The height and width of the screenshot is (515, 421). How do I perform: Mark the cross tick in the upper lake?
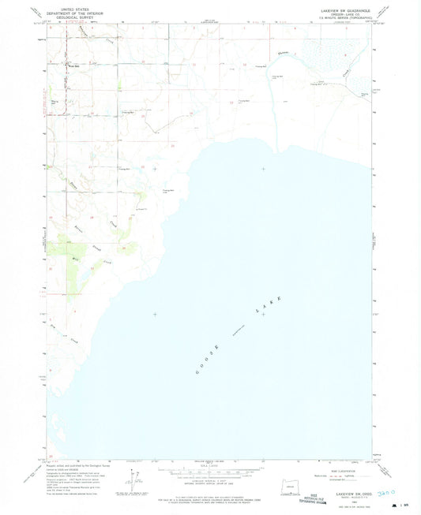pos(263,169)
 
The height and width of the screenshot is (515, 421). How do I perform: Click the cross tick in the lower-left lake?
pos(155,314)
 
